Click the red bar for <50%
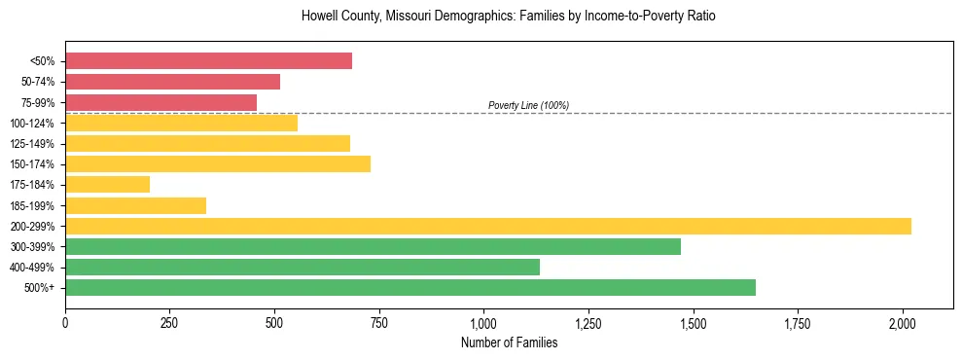[x=208, y=61]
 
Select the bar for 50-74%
[x=172, y=82]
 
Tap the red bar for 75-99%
[x=160, y=102]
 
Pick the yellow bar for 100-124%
[x=181, y=123]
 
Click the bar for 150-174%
[x=218, y=163]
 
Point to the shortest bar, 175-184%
[x=107, y=184]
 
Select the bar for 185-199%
[x=135, y=205]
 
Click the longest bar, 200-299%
[x=488, y=226]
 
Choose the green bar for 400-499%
[x=303, y=267]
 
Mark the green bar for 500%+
[x=410, y=287]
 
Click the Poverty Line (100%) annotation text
[x=528, y=105]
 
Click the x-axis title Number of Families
[x=509, y=342]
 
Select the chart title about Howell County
[x=509, y=17]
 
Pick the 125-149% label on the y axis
[x=33, y=144]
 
